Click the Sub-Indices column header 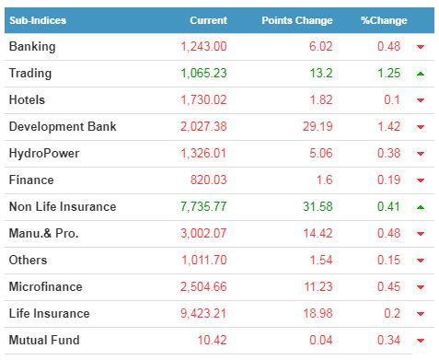pos(38,20)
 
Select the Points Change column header pos(297,20)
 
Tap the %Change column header pos(384,20)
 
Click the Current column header pos(208,20)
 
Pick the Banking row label pos(32,47)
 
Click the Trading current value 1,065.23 pos(203,73)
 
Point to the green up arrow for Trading pos(421,74)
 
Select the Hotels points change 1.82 pos(321,99)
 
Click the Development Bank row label pos(63,126)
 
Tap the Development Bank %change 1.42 pos(388,126)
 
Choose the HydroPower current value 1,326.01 pos(203,153)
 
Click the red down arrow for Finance pos(421,180)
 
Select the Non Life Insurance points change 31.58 pos(318,206)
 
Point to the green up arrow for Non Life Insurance pos(421,207)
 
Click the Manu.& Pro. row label pos(43,233)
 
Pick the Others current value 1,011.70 pos(204,260)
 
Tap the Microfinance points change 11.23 pos(318,286)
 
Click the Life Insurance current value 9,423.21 pos(203,313)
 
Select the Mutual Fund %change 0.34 pos(388,340)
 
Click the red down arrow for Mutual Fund pos(421,341)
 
